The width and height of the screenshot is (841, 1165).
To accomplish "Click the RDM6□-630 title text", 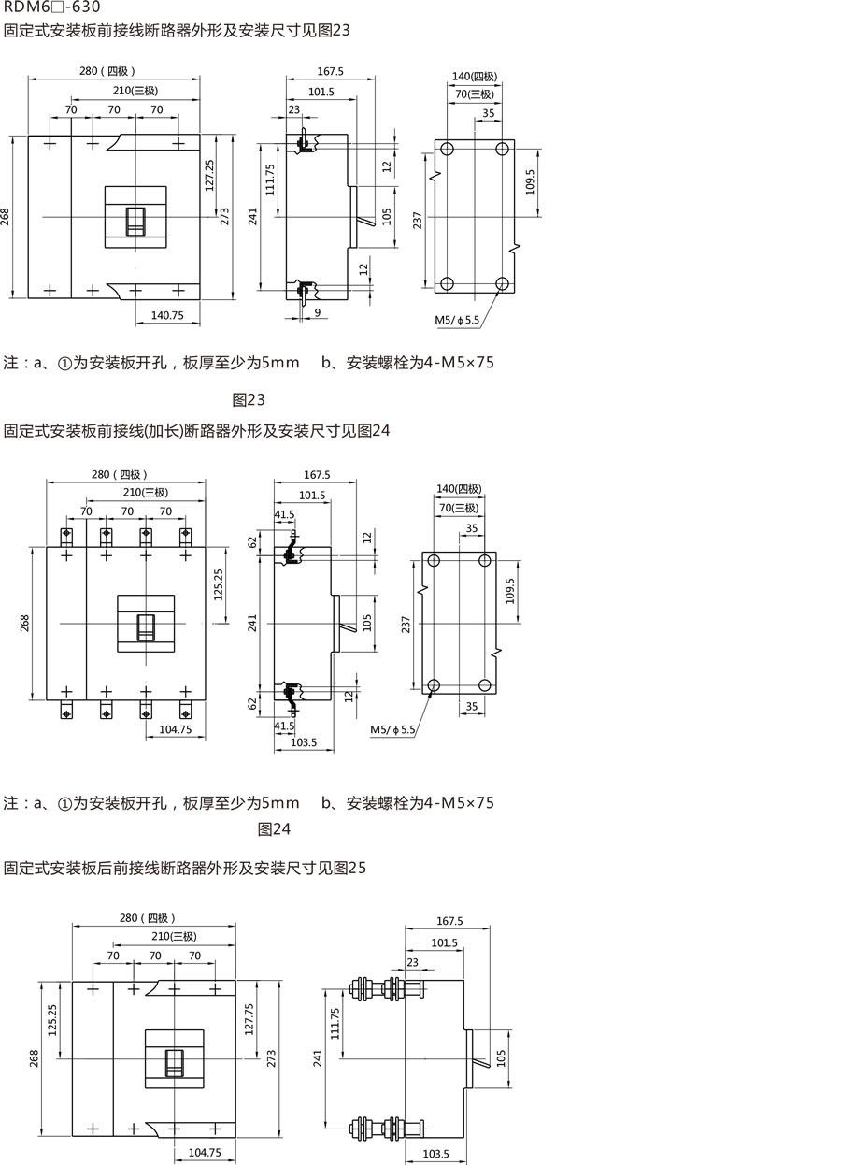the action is [51, 7].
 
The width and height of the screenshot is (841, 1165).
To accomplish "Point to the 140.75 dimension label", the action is [167, 315].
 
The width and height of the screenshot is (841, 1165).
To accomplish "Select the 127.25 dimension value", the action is [209, 175].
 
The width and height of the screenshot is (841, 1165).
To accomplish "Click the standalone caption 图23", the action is [249, 399].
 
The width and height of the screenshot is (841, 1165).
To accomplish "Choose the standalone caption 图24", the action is [274, 829].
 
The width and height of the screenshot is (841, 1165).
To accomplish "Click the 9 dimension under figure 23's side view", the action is [318, 312].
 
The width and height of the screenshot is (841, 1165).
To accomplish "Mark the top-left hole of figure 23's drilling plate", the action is [447, 150].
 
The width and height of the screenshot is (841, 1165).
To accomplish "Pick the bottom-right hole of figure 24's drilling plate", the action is [484, 685].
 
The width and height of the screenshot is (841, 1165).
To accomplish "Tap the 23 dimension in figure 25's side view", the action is [413, 962].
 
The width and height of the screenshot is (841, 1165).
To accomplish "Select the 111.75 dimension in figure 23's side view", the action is [270, 180].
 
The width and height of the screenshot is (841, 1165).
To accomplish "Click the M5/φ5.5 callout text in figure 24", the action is [392, 729].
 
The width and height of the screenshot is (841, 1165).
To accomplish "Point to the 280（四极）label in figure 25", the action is [148, 918].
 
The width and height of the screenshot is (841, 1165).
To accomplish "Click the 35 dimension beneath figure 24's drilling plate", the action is [472, 706].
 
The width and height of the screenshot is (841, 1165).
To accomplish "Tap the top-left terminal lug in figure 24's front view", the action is [66, 536].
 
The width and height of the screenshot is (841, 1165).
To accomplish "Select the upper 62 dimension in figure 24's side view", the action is [252, 542].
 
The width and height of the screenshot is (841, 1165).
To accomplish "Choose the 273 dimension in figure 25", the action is [271, 1059].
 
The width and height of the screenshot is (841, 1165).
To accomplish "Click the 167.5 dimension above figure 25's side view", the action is [449, 921].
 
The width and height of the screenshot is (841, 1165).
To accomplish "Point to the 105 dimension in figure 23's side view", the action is [387, 217].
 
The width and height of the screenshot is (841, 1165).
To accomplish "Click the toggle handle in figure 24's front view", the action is [146, 627].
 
